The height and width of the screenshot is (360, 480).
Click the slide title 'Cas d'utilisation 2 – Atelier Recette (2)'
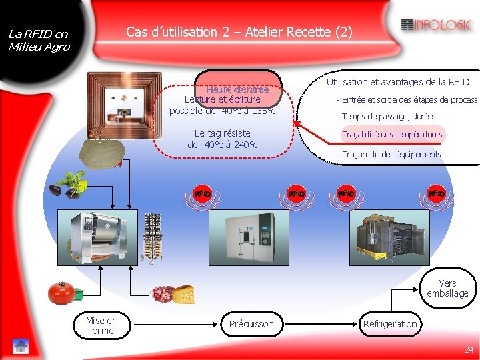239,32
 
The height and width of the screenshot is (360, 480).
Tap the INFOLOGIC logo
437,25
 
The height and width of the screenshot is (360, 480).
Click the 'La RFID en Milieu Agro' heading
38,40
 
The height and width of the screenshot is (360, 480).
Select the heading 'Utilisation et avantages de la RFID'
398,82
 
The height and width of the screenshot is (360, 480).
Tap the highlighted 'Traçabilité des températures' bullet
392,135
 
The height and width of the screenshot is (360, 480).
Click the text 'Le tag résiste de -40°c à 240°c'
223,139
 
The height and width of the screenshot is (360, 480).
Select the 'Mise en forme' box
101,325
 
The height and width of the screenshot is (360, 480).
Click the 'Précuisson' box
251,324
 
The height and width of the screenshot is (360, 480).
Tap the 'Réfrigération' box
390,324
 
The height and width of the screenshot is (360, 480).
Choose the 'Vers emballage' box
447,288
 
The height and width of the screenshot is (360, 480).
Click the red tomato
61,292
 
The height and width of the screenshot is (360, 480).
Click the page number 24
468,349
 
